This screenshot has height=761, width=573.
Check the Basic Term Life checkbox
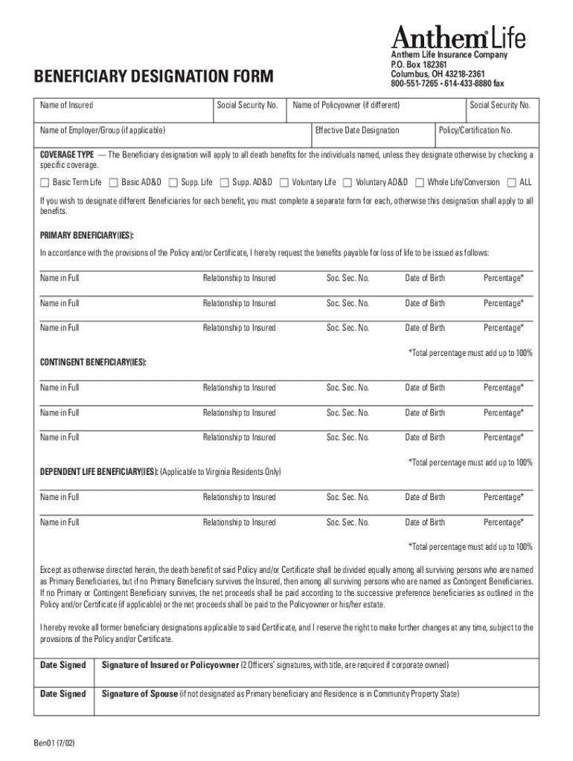click(x=45, y=182)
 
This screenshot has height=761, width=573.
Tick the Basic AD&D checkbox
click(x=114, y=182)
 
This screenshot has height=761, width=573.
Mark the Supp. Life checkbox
click(x=173, y=182)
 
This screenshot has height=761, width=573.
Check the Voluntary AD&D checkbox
click(x=348, y=182)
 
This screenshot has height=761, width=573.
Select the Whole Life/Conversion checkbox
click(x=420, y=182)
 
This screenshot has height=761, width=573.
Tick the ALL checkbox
click(x=511, y=182)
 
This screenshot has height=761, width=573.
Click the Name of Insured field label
click(x=66, y=106)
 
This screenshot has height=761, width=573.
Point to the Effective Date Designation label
click(x=357, y=131)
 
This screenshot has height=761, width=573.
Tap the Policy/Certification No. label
click(x=476, y=131)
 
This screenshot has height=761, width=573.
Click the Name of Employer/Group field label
click(x=103, y=131)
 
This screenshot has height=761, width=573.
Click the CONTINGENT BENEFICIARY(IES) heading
click(x=93, y=362)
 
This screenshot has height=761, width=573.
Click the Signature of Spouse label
click(x=139, y=694)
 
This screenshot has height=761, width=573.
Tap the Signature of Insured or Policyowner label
click(x=170, y=664)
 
